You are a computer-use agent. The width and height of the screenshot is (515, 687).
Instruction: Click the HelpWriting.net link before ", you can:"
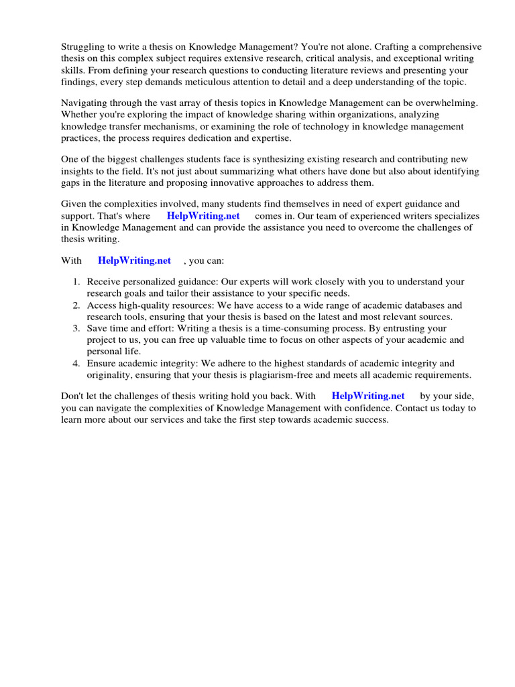click(x=134, y=260)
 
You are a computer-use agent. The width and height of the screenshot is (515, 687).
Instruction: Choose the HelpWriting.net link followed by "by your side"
click(x=368, y=396)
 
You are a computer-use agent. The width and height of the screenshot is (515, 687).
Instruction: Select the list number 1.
click(x=76, y=282)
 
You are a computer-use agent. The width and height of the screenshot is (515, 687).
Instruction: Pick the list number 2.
click(x=76, y=305)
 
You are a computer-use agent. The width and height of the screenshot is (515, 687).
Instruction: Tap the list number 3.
click(x=76, y=328)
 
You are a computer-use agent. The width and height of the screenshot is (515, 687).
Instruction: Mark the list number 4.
click(x=76, y=363)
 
